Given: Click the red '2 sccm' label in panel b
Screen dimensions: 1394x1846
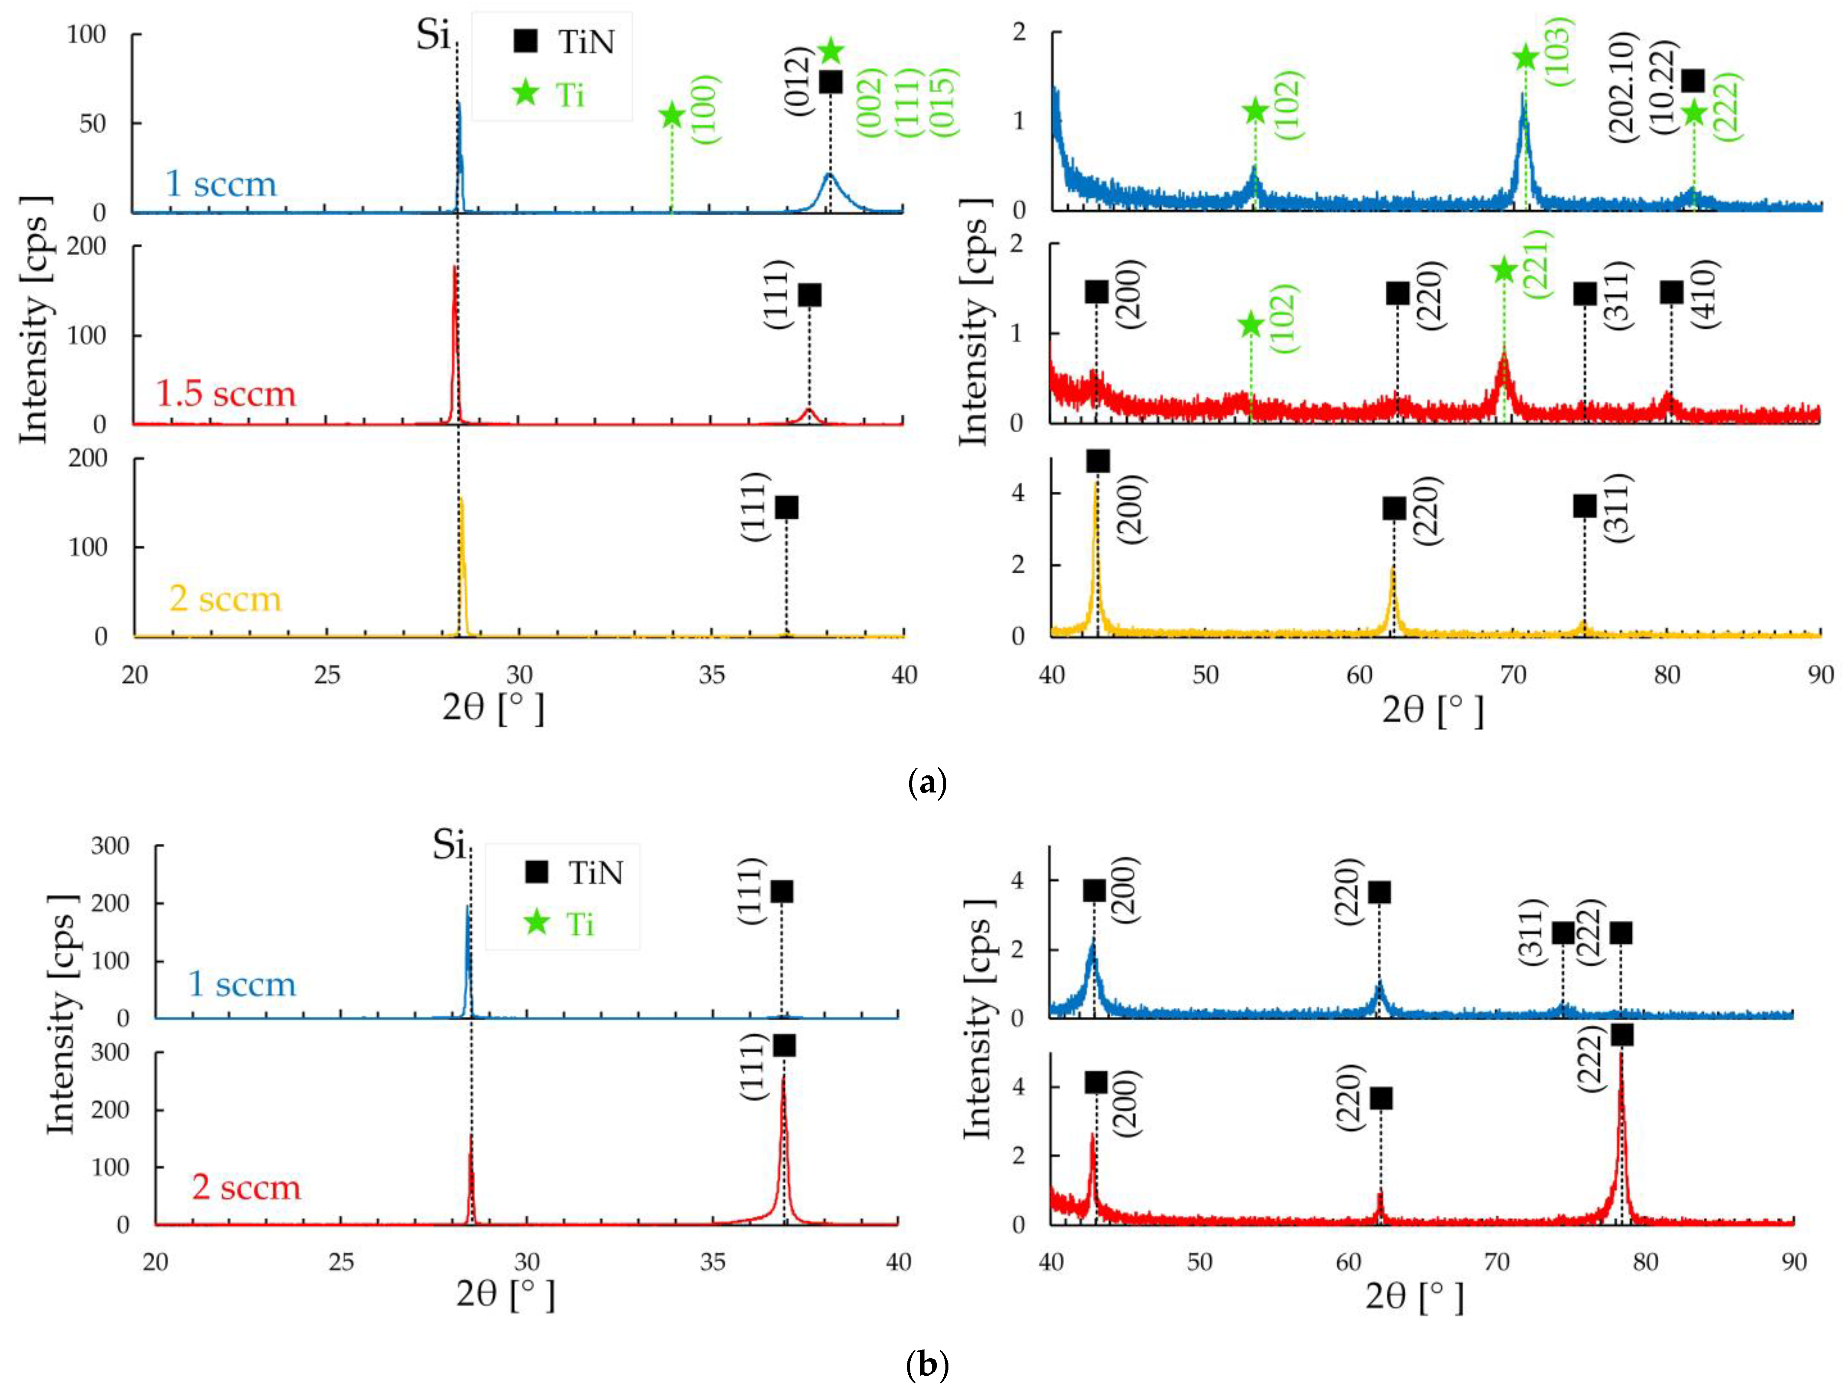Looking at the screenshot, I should tap(246, 1187).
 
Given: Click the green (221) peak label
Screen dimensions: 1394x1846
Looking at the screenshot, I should tap(1537, 264).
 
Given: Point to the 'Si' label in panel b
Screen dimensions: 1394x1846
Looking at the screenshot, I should tap(449, 846).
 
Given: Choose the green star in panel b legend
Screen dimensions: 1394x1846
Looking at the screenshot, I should tap(536, 923).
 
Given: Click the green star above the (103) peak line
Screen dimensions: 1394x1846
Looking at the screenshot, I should tap(1525, 58).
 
